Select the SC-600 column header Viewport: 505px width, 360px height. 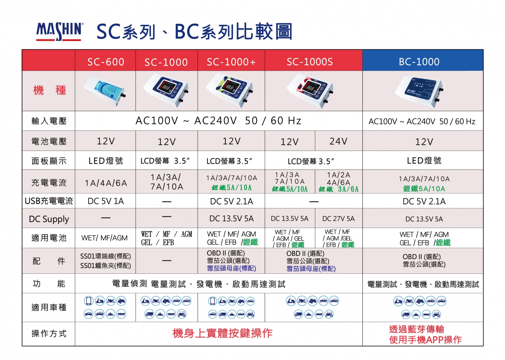(x=106, y=62)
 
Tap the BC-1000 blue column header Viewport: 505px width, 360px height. (x=419, y=62)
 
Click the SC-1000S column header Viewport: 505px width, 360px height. (x=310, y=62)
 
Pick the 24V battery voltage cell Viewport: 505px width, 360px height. (x=338, y=141)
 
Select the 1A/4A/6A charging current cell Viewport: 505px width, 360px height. (x=106, y=183)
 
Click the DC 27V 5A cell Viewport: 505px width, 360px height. (x=338, y=219)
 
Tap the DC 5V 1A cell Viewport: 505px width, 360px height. (x=106, y=201)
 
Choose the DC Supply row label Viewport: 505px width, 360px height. (x=49, y=219)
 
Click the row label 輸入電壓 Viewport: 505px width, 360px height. (x=49, y=121)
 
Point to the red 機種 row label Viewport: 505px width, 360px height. (x=49, y=90)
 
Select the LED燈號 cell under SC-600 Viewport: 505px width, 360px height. (x=106, y=161)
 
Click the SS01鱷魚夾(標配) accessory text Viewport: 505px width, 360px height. (x=105, y=266)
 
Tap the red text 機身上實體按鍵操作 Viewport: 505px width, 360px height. (x=223, y=333)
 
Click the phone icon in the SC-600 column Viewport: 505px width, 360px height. (x=89, y=301)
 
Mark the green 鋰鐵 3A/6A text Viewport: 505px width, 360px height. (x=338, y=189)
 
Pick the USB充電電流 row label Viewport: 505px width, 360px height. (x=49, y=201)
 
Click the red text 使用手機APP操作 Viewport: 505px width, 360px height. (x=425, y=340)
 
